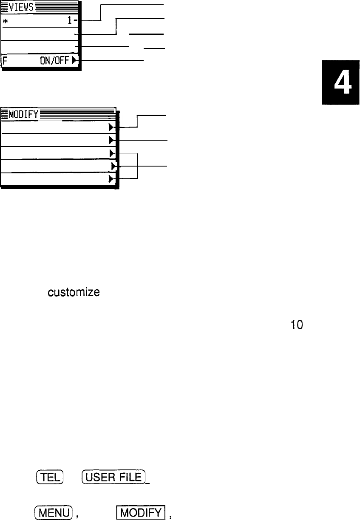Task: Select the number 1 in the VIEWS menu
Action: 74,20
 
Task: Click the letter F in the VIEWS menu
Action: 5,60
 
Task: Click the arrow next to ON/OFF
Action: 74,60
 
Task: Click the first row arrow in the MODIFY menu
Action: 111,127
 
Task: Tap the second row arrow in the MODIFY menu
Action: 111,139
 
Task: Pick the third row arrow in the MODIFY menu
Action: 111,153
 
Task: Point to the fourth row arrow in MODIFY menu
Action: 113,166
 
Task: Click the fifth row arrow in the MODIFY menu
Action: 111,179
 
